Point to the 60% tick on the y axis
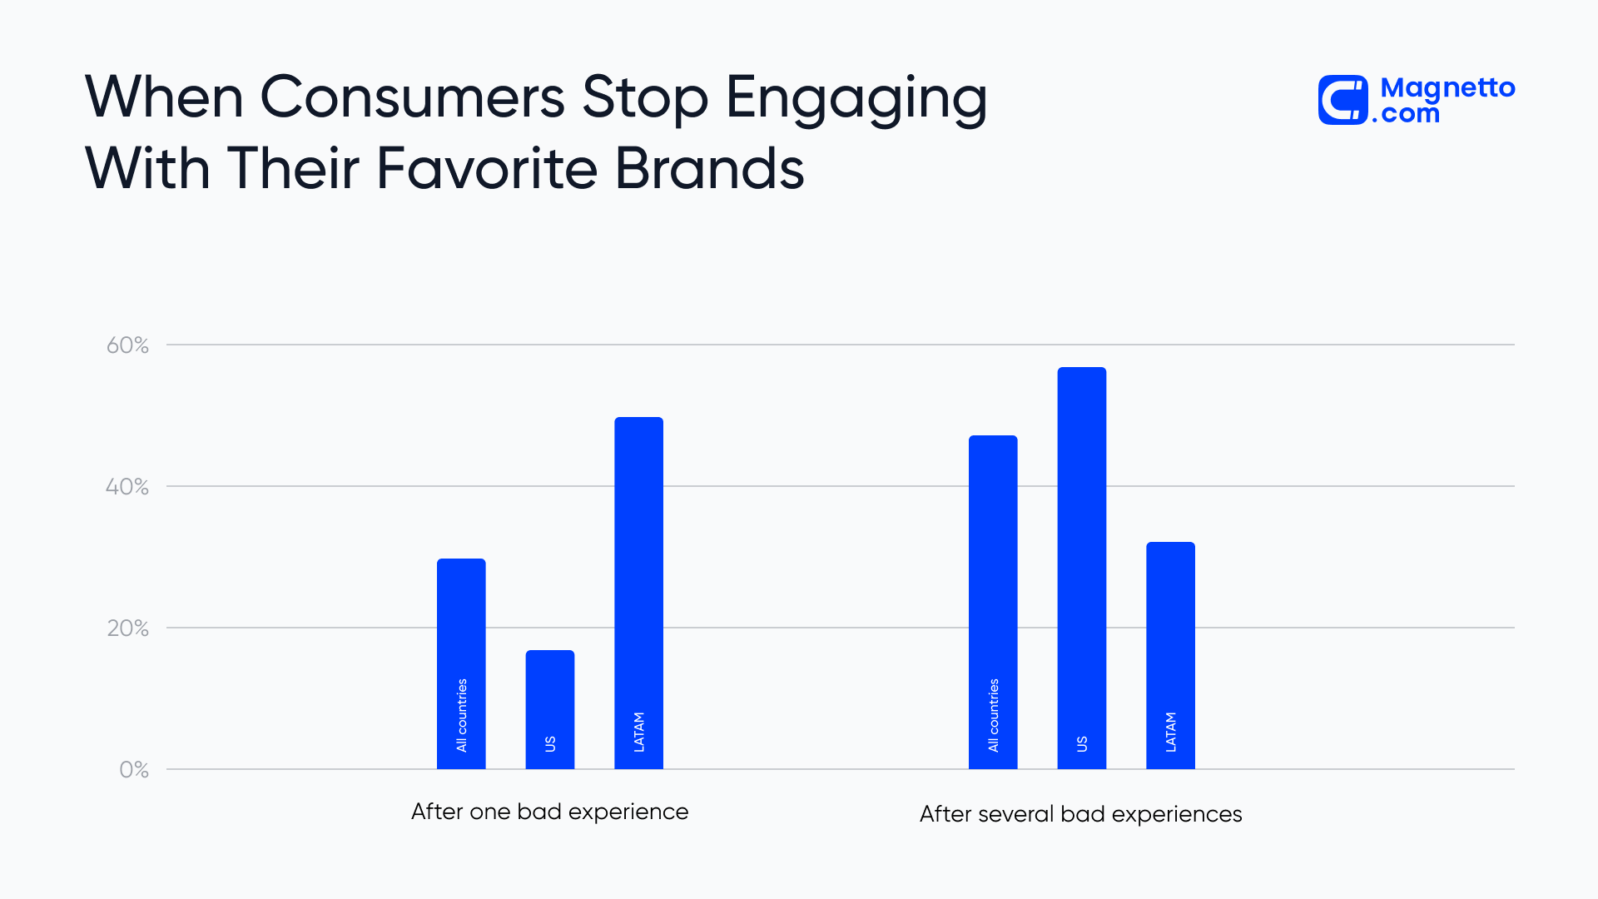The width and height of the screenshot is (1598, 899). [127, 345]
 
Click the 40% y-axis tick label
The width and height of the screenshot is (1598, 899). [127, 487]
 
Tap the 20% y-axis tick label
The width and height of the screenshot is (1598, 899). [127, 628]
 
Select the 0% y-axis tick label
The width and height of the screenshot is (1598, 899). [134, 770]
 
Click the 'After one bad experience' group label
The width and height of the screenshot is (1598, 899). [549, 812]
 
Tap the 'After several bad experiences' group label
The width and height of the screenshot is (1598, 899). [1080, 814]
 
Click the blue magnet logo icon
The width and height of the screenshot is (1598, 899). [1342, 100]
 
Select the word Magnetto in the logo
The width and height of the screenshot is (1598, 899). [1447, 87]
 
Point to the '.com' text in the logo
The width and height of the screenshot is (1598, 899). [1407, 114]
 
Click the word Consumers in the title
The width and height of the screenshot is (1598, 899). [413, 97]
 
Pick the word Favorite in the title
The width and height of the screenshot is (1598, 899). [487, 169]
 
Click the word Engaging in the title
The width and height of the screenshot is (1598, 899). [856, 99]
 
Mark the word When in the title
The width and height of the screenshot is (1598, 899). [164, 97]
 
